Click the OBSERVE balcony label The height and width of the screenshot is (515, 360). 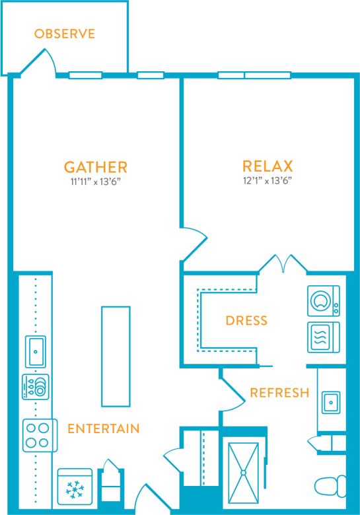coord(65,34)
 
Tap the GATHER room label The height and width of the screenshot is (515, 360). coord(95,166)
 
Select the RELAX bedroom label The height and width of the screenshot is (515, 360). coord(268,166)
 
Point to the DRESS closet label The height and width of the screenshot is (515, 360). coord(246,321)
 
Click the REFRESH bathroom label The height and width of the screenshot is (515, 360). coord(279,393)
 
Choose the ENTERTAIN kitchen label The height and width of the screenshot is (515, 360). coord(104,429)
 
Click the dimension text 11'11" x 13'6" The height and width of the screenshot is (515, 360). coord(95,181)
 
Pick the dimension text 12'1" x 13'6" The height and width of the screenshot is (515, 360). coord(268,181)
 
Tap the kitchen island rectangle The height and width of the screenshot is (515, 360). coord(112,356)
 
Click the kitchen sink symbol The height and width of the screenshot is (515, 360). coord(35,349)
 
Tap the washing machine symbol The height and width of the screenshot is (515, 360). coord(323,301)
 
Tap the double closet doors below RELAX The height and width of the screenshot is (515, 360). coord(282,264)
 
